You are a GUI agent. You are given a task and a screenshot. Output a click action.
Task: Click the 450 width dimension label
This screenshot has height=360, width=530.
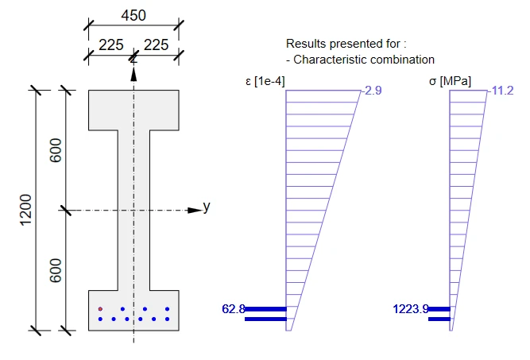(133, 16)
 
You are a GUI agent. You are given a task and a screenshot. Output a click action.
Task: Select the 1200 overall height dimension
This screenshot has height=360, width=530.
(25, 210)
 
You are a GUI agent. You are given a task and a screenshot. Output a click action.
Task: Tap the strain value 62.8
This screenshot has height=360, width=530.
(234, 309)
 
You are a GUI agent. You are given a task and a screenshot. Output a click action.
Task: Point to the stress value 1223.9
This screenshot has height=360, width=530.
(411, 309)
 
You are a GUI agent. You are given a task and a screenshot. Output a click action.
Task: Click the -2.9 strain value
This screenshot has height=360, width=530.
(372, 91)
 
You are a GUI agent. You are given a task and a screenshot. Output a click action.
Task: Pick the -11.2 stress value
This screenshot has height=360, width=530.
(501, 91)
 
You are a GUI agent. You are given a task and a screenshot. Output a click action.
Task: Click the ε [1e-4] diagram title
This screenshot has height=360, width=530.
(265, 82)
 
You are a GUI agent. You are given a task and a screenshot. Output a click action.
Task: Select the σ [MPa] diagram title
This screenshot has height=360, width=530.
(450, 82)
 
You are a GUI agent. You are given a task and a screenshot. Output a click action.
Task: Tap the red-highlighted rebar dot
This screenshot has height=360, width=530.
(100, 309)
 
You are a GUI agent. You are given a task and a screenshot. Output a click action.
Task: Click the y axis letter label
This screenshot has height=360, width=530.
(207, 206)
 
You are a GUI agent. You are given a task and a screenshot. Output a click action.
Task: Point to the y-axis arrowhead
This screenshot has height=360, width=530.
(195, 211)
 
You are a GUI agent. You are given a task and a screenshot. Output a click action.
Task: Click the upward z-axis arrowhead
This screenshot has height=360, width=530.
(133, 75)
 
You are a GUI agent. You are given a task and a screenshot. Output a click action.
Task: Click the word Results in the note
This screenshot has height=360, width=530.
(306, 44)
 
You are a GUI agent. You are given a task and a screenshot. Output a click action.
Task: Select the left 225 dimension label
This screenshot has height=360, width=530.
(111, 45)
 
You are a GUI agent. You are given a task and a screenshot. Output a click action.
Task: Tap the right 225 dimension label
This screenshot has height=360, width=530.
(157, 45)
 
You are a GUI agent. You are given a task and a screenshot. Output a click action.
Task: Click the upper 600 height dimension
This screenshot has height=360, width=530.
(56, 150)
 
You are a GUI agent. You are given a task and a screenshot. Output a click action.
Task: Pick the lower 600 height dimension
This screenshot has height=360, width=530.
(56, 270)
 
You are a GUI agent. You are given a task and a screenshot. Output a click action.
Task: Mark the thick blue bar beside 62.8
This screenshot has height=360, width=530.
(265, 309)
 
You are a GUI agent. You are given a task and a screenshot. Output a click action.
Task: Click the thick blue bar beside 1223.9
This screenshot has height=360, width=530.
(439, 309)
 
